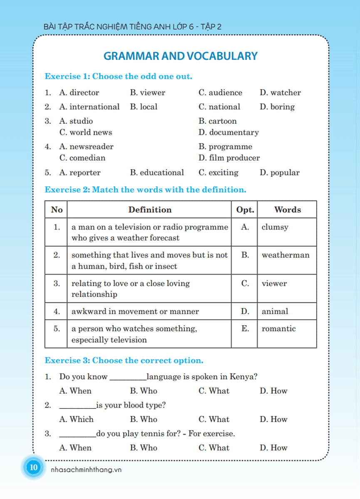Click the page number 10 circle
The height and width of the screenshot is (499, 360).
[x=33, y=467]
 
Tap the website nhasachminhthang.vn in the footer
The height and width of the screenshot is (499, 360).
[x=86, y=470]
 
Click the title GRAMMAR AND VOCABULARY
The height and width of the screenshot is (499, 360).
[x=180, y=56]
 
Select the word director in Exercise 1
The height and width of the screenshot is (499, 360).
[x=84, y=93]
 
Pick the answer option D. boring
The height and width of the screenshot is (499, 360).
[x=277, y=107]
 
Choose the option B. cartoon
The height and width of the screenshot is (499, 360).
[x=218, y=121]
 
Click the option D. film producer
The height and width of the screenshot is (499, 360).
[x=229, y=158]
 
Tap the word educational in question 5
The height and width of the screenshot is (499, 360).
[x=161, y=173]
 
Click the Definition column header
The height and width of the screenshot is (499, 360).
[x=150, y=210]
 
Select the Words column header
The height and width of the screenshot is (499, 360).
[x=287, y=210]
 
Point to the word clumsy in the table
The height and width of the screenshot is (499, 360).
[x=275, y=227]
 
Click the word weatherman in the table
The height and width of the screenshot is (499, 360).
[x=286, y=255]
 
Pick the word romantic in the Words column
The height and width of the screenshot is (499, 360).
[x=278, y=329]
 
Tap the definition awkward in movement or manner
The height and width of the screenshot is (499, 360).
[x=135, y=311]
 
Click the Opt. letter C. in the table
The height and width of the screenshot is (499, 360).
[x=245, y=284]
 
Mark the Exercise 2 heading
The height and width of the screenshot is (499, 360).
[x=146, y=190]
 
